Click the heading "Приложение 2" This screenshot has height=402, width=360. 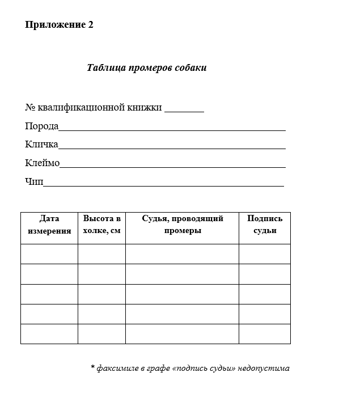pyautogui.click(x=59, y=25)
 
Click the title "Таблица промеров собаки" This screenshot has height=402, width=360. pyautogui.click(x=147, y=68)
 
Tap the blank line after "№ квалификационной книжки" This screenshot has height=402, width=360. pyautogui.click(x=184, y=109)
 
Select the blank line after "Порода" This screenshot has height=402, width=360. pyautogui.click(x=172, y=128)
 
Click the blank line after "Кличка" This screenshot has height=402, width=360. pyautogui.click(x=172, y=146)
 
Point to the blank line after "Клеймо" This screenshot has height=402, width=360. pyautogui.click(x=172, y=165)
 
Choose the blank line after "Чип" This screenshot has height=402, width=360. pyautogui.click(x=163, y=184)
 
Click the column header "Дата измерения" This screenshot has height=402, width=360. pyautogui.click(x=49, y=225)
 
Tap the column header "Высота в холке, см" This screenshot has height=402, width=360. pyautogui.click(x=102, y=225)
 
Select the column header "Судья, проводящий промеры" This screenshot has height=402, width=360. pyautogui.click(x=183, y=225)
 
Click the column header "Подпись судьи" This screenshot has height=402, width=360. pyautogui.click(x=265, y=225)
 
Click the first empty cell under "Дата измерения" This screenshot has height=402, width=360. pyautogui.click(x=49, y=253)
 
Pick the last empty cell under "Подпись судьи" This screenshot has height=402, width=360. pyautogui.click(x=265, y=333)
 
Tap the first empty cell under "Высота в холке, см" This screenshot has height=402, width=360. pyautogui.click(x=102, y=253)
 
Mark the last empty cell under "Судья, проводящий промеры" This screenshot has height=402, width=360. pyautogui.click(x=183, y=333)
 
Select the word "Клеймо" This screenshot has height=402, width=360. pyautogui.click(x=42, y=163)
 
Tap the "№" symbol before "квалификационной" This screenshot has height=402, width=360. pyautogui.click(x=30, y=108)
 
